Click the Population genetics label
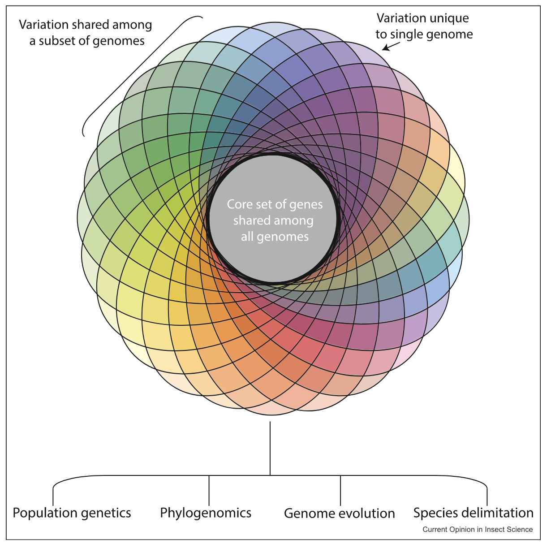click(x=72, y=513)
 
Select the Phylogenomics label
click(x=206, y=513)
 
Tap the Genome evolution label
click(x=339, y=513)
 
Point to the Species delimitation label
click(x=473, y=513)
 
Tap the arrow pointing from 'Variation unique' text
click(x=390, y=45)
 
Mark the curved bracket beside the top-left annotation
click(x=134, y=76)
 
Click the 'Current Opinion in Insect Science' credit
click(x=478, y=530)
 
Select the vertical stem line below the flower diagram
click(x=270, y=448)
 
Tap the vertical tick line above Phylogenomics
click(x=209, y=491)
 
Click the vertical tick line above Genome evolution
click(x=340, y=491)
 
